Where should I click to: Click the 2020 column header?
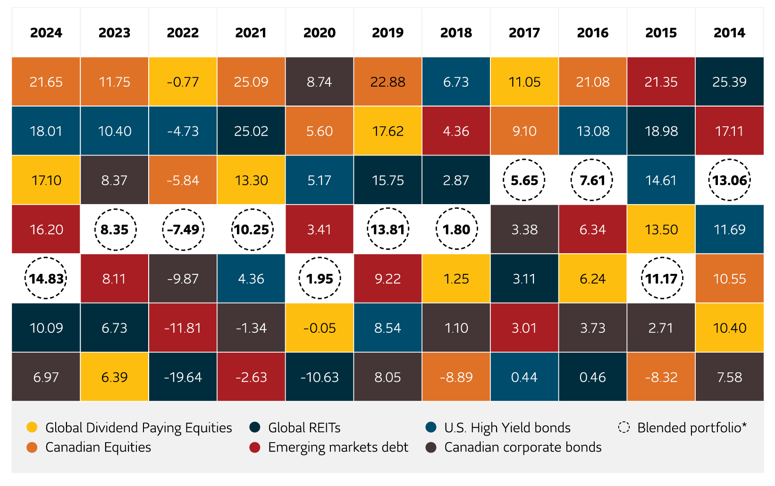pos(320,33)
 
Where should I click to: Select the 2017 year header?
pos(524,33)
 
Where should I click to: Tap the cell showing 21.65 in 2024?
pos(46,82)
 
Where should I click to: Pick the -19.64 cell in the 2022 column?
pos(183,377)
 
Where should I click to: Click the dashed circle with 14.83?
pos(46,279)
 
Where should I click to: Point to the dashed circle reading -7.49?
pos(183,230)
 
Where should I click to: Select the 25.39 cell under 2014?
pos(729,82)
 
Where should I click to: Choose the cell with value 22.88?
pos(387,82)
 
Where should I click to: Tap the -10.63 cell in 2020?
pos(320,377)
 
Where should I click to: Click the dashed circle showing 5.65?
pos(524,181)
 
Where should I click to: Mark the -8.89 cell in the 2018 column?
pos(456,377)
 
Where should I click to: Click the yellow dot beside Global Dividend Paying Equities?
pos(32,428)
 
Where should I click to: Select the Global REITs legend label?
pos(304,428)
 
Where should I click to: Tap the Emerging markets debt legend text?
pos(338,447)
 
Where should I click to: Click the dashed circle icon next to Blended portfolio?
pos(624,428)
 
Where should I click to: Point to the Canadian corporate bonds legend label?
pos(522,447)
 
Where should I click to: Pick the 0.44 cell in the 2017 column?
pos(524,377)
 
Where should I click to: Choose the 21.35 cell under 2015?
pos(661,82)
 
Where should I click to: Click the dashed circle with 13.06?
pos(729,181)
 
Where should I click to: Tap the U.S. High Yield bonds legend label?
pos(507,428)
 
